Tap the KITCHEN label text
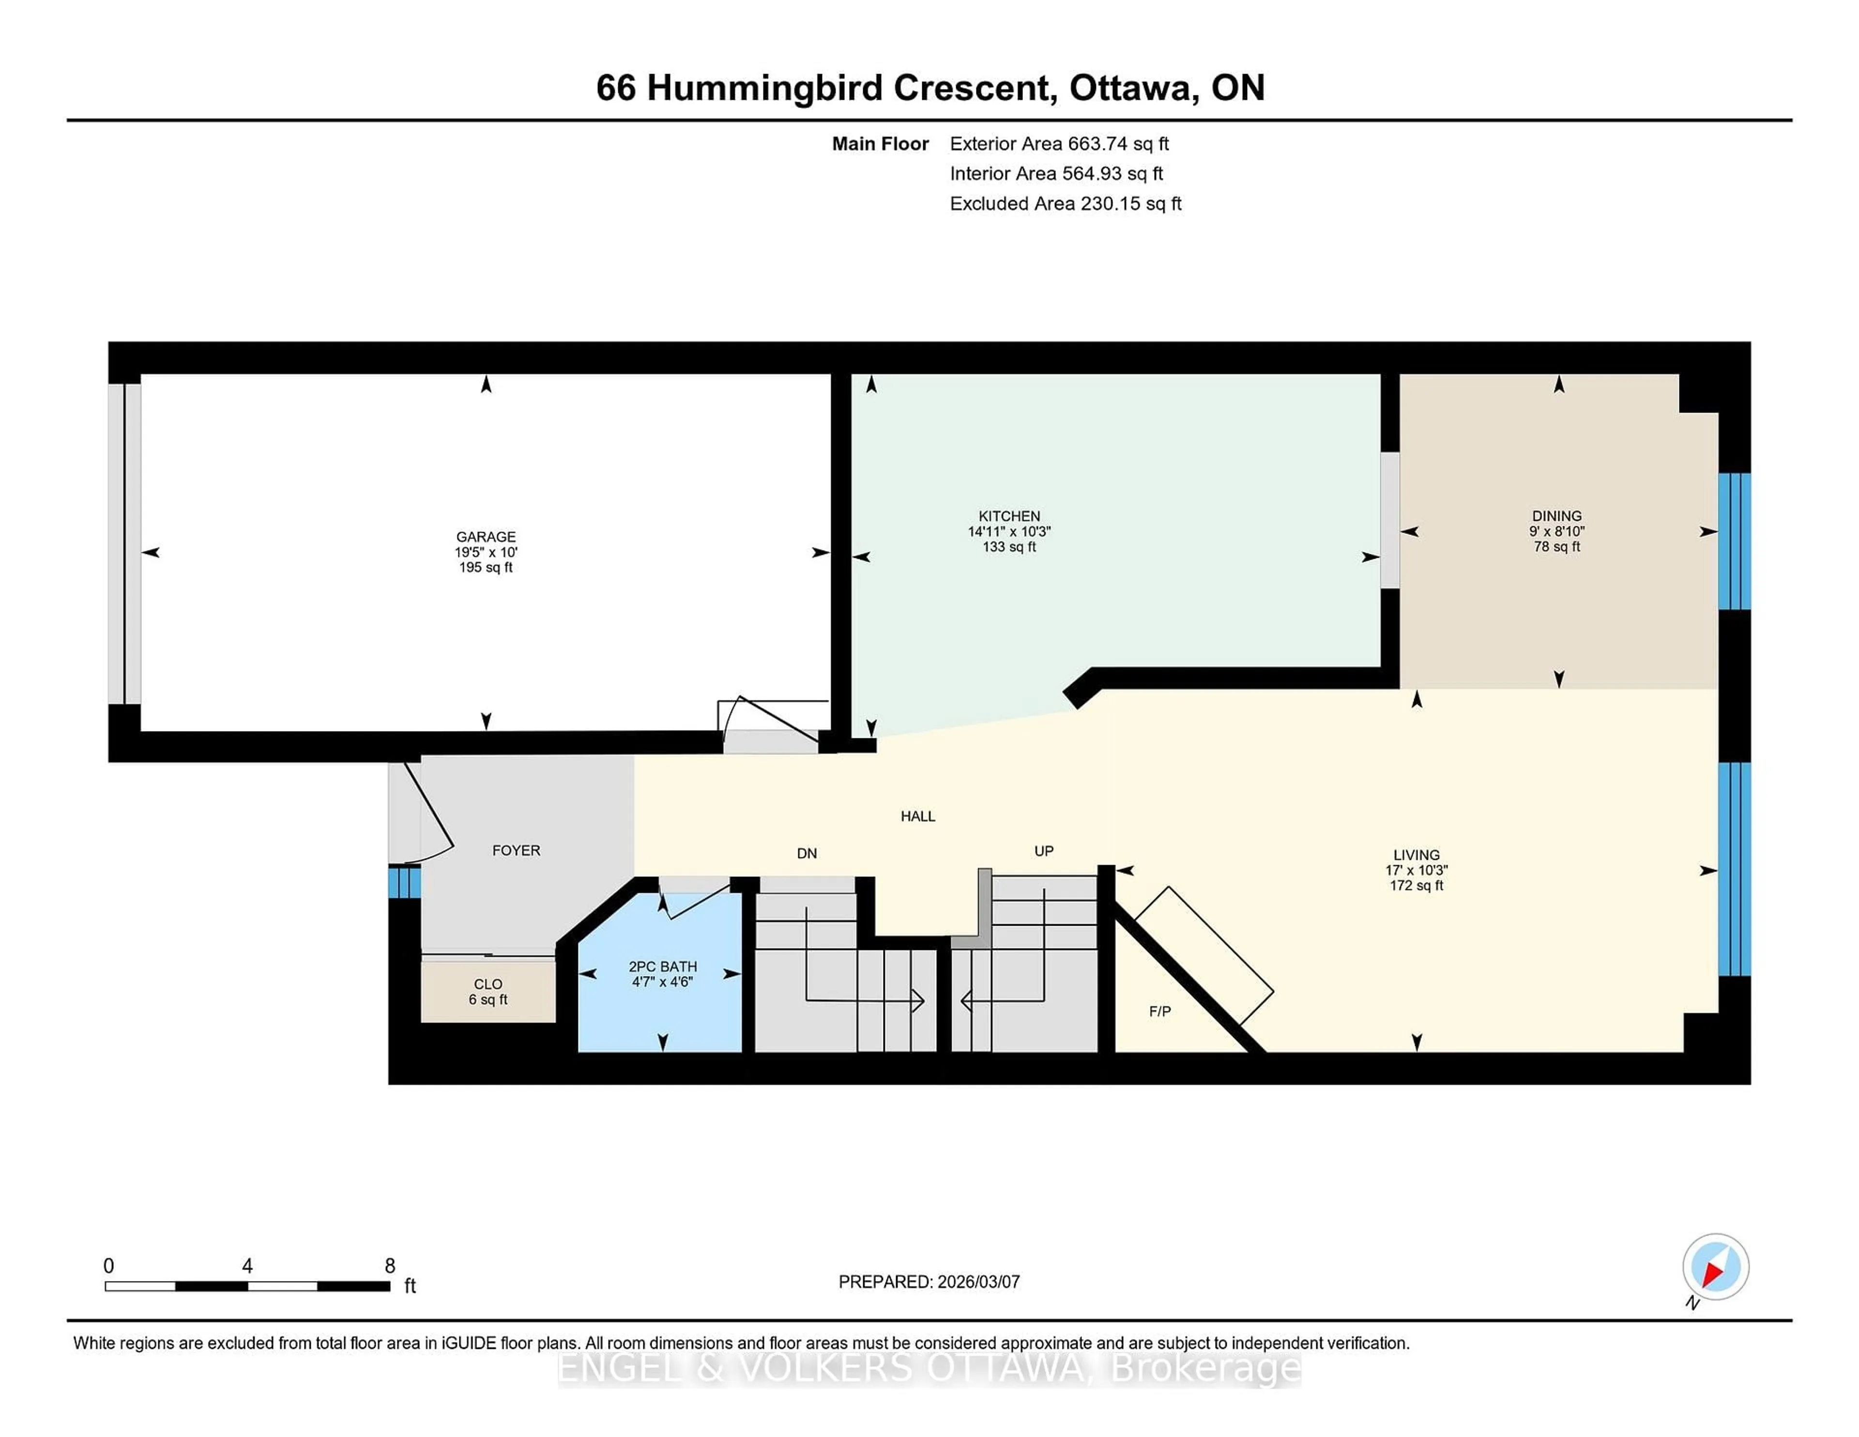(x=1009, y=516)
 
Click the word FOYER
(x=516, y=851)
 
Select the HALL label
(x=917, y=816)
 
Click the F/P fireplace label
(x=1159, y=1011)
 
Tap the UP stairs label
(x=1044, y=851)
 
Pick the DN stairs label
(x=806, y=853)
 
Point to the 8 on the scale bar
(x=390, y=1266)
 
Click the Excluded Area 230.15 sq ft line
(x=1065, y=203)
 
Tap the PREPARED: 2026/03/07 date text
(x=929, y=1282)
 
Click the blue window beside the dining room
(x=1734, y=541)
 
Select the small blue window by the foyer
(x=404, y=882)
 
